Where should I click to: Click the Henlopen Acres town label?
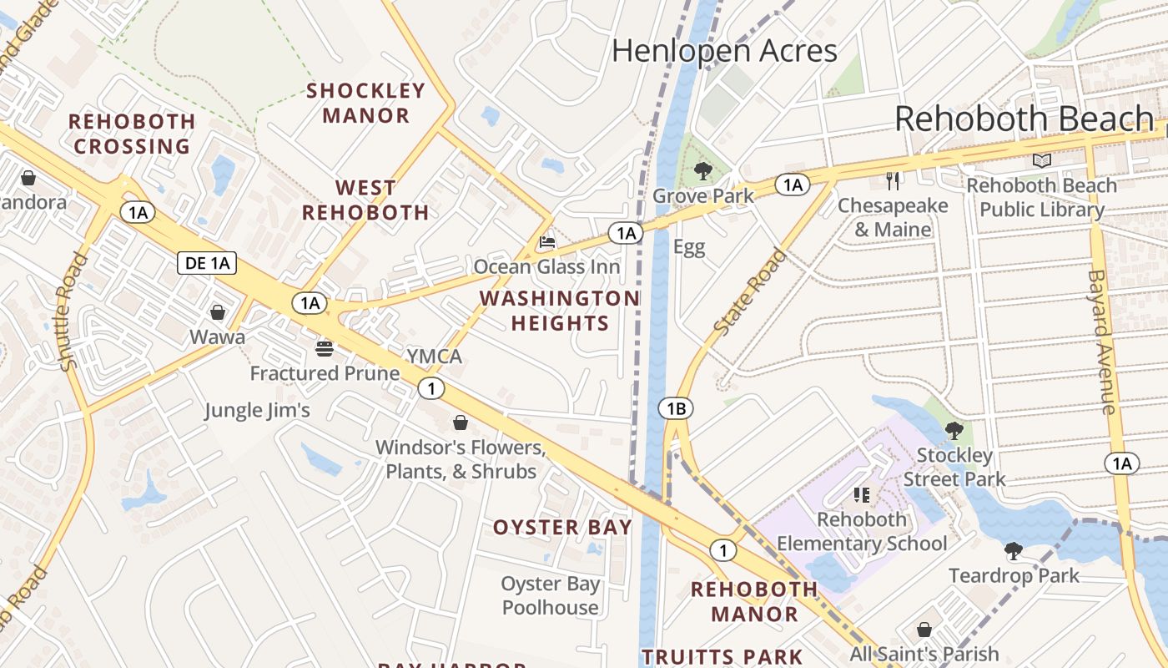click(x=724, y=51)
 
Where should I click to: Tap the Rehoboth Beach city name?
click(x=1025, y=119)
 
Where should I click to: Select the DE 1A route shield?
click(x=207, y=264)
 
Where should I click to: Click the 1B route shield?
click(x=676, y=408)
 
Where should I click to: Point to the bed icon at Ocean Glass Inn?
click(x=547, y=243)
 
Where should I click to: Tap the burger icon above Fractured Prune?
click(x=325, y=348)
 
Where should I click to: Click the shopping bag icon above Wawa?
click(x=218, y=312)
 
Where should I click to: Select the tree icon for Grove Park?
click(x=702, y=172)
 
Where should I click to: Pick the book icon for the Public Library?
click(x=1041, y=160)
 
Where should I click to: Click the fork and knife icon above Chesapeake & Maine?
click(x=893, y=180)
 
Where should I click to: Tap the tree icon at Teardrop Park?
click(x=1014, y=551)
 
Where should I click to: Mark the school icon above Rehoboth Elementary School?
click(x=862, y=495)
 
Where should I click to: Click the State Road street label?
click(x=750, y=293)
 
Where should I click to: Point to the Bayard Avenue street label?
click(x=1101, y=342)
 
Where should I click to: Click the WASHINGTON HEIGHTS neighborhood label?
click(x=559, y=311)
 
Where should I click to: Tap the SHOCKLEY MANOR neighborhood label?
click(x=366, y=103)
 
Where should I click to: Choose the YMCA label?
click(x=434, y=357)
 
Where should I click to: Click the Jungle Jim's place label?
click(x=258, y=410)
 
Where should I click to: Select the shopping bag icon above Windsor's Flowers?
click(x=460, y=423)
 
